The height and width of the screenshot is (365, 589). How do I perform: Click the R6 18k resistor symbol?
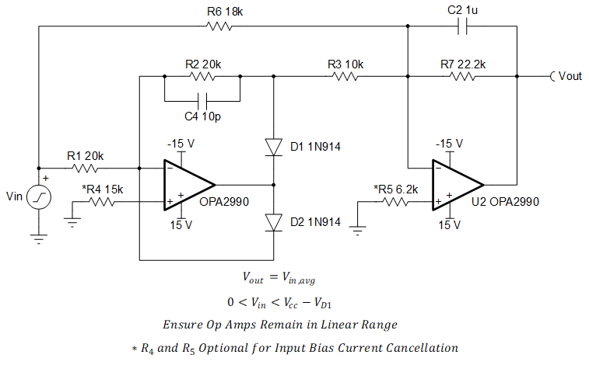pos(219,26)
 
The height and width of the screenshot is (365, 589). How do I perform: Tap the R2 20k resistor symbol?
pos(202,76)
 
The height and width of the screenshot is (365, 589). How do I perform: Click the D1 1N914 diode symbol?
pos(273,147)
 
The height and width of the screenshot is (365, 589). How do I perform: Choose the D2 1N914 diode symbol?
pos(273,222)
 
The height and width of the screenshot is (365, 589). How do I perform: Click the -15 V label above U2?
pos(449,144)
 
